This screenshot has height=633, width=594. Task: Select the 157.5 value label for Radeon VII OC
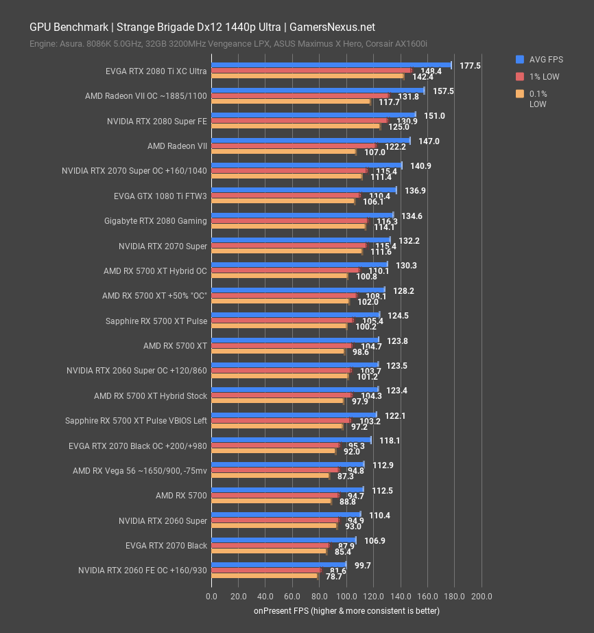[x=433, y=91]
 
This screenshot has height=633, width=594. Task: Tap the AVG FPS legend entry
[x=543, y=59]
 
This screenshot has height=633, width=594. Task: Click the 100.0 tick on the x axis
[x=346, y=596]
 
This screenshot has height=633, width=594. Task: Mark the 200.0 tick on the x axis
[x=482, y=596]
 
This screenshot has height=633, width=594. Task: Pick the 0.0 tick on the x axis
[x=211, y=596]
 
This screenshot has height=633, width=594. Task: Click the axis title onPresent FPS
[x=346, y=610]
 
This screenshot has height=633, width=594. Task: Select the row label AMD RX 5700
[x=181, y=496]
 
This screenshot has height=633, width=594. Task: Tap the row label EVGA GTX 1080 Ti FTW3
[x=161, y=196]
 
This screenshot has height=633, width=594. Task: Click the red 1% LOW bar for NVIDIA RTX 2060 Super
[x=274, y=520]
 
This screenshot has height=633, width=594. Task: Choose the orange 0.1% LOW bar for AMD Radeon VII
[x=283, y=152]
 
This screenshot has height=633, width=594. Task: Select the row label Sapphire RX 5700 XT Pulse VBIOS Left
[x=136, y=421]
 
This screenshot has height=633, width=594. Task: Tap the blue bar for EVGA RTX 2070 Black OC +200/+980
[x=291, y=439]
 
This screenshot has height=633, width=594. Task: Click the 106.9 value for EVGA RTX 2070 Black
[x=375, y=540]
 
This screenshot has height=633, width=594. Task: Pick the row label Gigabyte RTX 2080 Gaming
[x=163, y=221]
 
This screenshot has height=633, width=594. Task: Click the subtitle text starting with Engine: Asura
[x=228, y=44]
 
